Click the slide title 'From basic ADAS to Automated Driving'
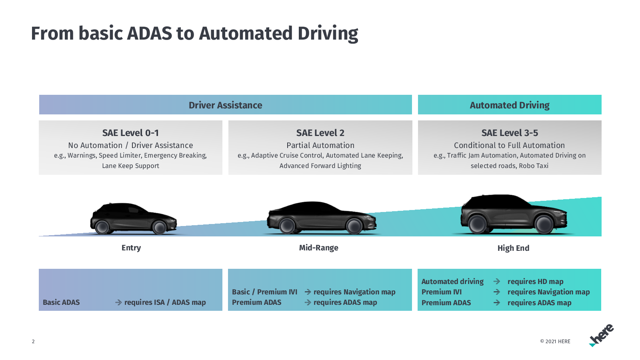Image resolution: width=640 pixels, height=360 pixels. pos(194,34)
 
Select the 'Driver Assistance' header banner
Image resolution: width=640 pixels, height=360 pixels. pos(226,104)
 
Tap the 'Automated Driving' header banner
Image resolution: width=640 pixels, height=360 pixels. pos(510,104)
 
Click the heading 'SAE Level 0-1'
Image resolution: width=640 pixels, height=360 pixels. pos(130,133)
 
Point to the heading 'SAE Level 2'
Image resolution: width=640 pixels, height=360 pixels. pos(320,133)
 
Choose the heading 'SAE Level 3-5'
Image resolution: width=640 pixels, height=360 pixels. pos(510,133)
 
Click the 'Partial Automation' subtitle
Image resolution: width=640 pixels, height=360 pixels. pos(320,145)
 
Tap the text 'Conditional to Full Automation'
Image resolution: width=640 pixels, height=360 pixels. pos(509,145)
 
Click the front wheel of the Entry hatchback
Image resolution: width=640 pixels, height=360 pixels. pos(159,227)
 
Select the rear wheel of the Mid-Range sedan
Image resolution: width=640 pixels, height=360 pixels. pos(287,226)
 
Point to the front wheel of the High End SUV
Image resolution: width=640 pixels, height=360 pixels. pos(544,224)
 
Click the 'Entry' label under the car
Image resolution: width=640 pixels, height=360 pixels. pos(131,248)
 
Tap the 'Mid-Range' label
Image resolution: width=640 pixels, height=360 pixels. pos(318,248)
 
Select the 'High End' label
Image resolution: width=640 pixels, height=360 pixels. pos(513,248)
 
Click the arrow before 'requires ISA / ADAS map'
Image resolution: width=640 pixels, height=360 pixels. pos(118,302)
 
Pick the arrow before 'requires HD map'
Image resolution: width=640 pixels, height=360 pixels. pos(496,282)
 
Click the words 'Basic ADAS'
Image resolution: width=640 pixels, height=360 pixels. pos(61,302)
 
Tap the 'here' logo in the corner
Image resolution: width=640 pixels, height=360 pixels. pos(601,335)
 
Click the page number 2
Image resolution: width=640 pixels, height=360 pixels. pos(33,342)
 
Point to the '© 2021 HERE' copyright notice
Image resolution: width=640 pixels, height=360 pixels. pos(555,342)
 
